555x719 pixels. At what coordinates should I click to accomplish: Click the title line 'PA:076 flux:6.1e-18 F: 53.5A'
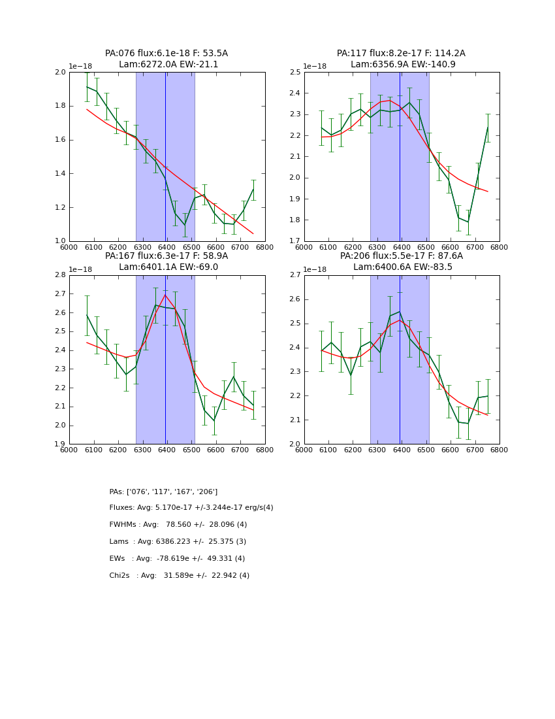[x=166, y=54]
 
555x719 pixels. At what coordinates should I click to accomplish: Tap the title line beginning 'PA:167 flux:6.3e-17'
[x=166, y=256]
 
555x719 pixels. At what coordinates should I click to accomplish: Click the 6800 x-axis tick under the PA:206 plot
[x=499, y=450]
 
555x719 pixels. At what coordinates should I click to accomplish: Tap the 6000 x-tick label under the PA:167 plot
[x=69, y=450]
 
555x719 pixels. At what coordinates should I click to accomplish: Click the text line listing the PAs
[x=163, y=492]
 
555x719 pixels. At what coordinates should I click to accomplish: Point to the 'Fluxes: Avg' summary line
[x=191, y=508]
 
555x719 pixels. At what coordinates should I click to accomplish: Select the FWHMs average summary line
[x=178, y=525]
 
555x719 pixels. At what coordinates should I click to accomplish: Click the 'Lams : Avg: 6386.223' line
[x=178, y=542]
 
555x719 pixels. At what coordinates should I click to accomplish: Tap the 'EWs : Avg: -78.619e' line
[x=177, y=559]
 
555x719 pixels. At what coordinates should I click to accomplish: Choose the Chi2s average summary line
[x=179, y=576]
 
